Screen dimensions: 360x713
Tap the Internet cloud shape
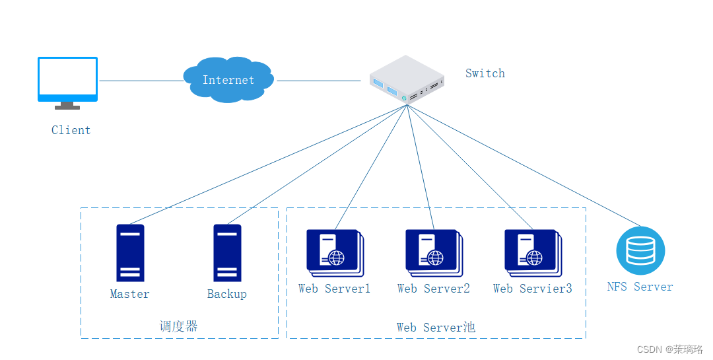click(228, 80)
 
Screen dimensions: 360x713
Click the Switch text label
click(485, 73)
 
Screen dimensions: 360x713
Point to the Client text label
click(71, 130)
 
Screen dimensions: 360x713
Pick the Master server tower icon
click(130, 253)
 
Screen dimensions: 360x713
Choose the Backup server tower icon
click(227, 253)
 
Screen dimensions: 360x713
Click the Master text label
click(129, 294)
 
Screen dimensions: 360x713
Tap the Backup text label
click(226, 294)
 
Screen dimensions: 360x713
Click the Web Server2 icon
click(433, 253)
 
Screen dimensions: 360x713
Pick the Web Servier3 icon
click(532, 253)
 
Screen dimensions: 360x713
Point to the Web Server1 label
click(334, 289)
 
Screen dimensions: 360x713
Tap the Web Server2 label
click(433, 289)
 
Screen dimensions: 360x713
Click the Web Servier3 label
click(532, 289)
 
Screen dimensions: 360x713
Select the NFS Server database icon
click(640, 251)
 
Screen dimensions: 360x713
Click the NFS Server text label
click(640, 287)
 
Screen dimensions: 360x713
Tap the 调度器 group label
click(179, 326)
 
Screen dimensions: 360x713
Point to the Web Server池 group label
click(436, 328)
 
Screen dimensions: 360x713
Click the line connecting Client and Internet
click(140, 81)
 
